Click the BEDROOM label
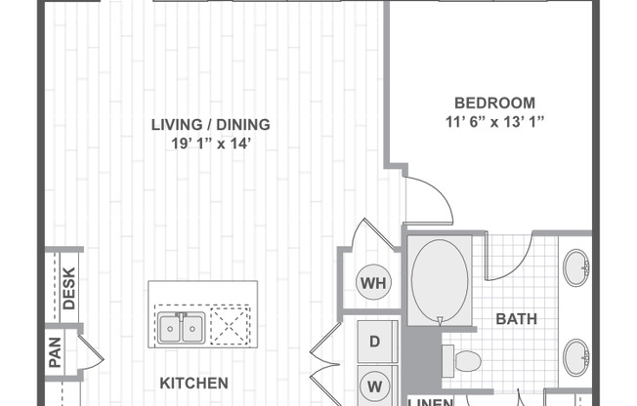pyautogui.click(x=494, y=102)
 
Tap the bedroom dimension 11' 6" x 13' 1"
pyautogui.click(x=494, y=122)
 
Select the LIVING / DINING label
pyautogui.click(x=210, y=125)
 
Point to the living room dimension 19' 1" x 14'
pyautogui.click(x=210, y=143)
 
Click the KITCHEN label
pyautogui.click(x=195, y=383)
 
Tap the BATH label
pyautogui.click(x=517, y=318)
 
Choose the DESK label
pyautogui.click(x=69, y=288)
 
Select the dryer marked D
pyautogui.click(x=374, y=342)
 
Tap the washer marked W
pyautogui.click(x=374, y=385)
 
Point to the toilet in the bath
pyautogui.click(x=463, y=360)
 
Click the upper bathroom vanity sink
pyautogui.click(x=575, y=266)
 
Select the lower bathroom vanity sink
pyautogui.click(x=575, y=355)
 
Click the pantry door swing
pyautogui.click(x=90, y=351)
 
